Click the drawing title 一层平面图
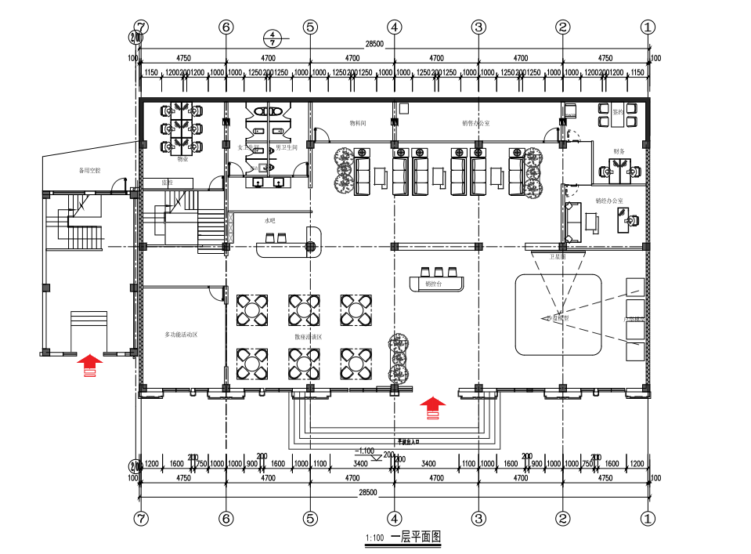[x=416, y=537]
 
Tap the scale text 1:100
[x=374, y=538]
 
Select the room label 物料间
[x=358, y=123]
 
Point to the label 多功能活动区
[x=181, y=335]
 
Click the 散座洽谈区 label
[x=309, y=337]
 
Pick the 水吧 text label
[x=269, y=221]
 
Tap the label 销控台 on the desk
[x=433, y=284]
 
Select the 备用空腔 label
[x=90, y=170]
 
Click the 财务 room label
[x=619, y=151]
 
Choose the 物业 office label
[x=182, y=159]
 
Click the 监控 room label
[x=167, y=182]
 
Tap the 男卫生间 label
[x=287, y=147]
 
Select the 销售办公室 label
[x=476, y=123]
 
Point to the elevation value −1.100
[x=364, y=451]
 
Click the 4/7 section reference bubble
[x=272, y=38]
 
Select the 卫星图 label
[x=558, y=256]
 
